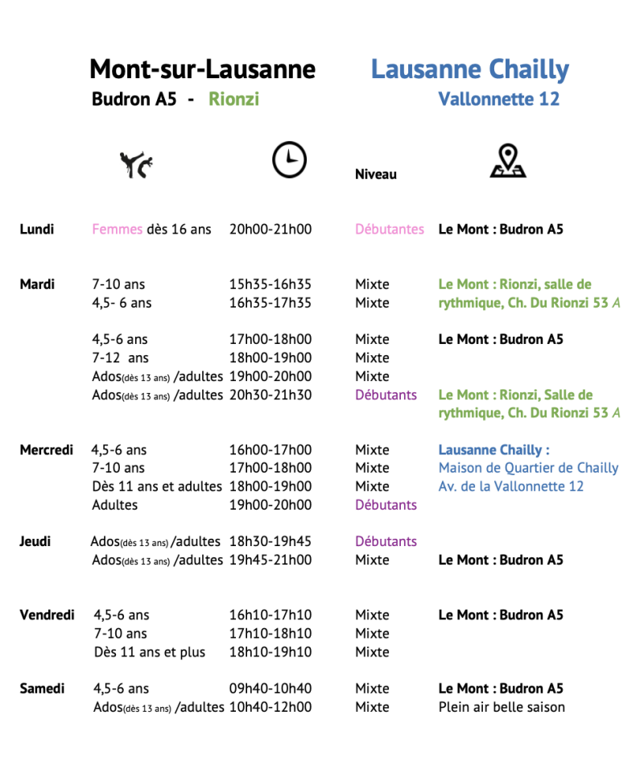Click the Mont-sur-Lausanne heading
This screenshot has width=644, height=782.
202,70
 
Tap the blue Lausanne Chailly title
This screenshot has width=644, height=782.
469,70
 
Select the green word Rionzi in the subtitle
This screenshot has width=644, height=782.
233,100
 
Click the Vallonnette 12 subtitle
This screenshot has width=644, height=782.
498,100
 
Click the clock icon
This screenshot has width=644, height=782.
289,159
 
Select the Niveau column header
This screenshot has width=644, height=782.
376,175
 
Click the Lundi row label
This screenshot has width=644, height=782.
37,230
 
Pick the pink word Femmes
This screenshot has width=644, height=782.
117,230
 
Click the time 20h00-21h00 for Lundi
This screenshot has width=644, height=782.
270,230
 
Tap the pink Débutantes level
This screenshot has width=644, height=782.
390,230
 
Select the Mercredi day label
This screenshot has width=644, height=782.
47,449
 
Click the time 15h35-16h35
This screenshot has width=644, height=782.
270,284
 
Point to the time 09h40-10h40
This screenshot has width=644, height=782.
270,689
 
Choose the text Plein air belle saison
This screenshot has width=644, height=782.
502,707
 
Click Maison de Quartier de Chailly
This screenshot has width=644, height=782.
528,468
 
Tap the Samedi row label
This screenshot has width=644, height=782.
43,689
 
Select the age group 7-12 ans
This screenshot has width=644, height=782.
121,358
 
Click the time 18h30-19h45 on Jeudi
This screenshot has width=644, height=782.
270,541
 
